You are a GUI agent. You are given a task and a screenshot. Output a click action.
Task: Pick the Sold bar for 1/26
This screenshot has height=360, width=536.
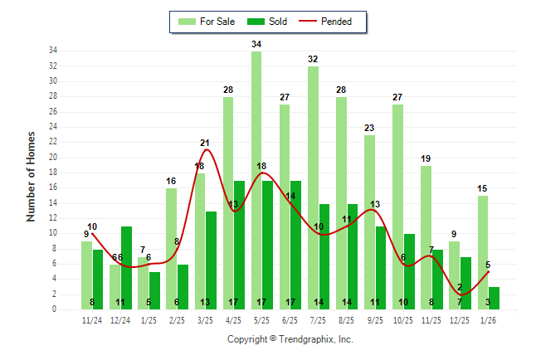tap(494, 298)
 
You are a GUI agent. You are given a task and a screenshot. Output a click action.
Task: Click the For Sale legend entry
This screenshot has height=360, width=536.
tap(207, 22)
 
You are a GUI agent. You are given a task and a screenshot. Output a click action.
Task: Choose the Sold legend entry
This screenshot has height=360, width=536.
tap(267, 22)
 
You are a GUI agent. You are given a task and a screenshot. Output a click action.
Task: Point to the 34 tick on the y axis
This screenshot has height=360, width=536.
tap(52, 51)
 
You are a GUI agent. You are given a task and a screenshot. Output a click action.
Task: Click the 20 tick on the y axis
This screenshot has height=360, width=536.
tap(52, 157)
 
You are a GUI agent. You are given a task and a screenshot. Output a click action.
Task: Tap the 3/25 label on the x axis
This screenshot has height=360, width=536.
tap(206, 319)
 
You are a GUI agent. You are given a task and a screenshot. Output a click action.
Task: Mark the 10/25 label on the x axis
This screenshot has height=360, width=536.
tap(403, 319)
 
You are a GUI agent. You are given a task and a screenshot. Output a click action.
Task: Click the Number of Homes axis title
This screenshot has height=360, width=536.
tap(32, 176)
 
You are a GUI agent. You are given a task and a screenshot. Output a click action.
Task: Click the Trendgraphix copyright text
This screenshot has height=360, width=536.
tap(290, 339)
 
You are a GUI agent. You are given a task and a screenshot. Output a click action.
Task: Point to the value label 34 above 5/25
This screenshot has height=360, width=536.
tap(256, 43)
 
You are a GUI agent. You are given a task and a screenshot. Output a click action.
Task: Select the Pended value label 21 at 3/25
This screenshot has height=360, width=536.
tap(205, 143)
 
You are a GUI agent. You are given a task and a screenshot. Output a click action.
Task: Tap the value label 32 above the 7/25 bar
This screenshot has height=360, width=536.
tap(314, 59)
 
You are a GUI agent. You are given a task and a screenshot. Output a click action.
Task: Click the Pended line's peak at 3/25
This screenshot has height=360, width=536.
tap(206, 150)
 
